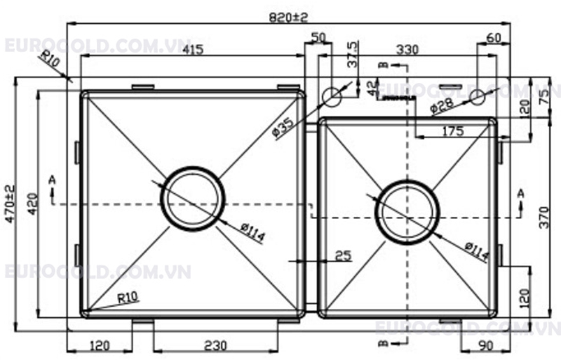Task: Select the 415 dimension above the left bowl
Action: pos(194,51)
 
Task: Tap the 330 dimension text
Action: pos(408,51)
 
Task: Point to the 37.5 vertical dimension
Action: pos(353,55)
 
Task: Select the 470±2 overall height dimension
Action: pos(10,204)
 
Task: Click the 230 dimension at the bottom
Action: pos(215,345)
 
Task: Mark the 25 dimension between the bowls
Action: pos(343,255)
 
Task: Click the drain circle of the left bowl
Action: pos(193,198)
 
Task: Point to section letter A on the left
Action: pos(51,181)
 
